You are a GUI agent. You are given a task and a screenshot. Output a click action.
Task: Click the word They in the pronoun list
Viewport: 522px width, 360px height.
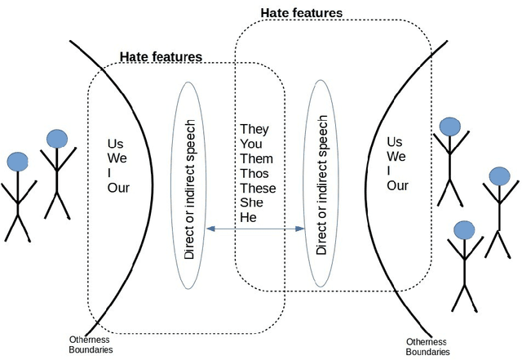point(254,130)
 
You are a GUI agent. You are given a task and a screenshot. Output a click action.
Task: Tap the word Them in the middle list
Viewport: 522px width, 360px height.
point(256,158)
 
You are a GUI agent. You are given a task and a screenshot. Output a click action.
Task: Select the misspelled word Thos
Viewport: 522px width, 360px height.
point(255,173)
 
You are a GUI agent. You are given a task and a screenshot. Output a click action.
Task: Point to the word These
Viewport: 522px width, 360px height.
point(258,188)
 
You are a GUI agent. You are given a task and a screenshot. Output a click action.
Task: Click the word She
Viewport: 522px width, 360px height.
point(250,202)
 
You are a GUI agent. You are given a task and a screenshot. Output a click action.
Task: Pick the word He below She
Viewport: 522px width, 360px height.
point(247,217)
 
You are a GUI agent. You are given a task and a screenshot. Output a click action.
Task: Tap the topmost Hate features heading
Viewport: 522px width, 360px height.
point(301,13)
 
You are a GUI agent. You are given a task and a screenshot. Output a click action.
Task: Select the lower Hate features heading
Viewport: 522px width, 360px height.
point(161,57)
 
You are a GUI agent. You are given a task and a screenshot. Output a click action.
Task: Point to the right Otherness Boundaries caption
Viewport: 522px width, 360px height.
point(427,347)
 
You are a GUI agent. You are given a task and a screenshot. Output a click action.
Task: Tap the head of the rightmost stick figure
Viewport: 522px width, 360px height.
point(499,177)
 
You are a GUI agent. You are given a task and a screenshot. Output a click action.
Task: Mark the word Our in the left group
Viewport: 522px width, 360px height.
point(118,187)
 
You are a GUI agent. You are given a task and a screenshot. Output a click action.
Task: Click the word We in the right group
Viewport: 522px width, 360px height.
point(396,156)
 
